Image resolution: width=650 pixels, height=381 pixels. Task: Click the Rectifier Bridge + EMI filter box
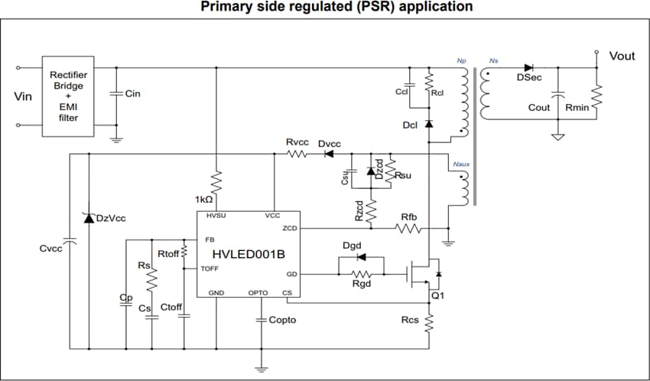68,96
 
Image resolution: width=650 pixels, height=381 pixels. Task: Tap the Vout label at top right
622,56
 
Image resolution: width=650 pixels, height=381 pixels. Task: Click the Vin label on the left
23,97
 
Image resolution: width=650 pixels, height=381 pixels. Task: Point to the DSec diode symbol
528,67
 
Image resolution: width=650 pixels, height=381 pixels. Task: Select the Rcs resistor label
410,320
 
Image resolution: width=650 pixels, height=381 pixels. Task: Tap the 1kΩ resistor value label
205,199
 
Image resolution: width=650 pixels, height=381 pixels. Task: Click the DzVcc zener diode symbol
89,219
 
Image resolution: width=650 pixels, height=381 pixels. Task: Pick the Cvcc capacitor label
50,249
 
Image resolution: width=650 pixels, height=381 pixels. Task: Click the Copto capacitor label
282,320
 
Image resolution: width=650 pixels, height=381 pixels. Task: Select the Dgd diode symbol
361,256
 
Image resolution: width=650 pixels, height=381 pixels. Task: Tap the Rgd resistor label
361,285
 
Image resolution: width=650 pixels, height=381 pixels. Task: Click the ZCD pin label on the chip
289,228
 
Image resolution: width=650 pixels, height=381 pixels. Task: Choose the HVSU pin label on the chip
215,217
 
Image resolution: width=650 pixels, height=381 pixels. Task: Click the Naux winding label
460,164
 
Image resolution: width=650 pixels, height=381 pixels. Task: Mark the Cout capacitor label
539,108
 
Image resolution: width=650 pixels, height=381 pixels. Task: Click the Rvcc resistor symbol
297,154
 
